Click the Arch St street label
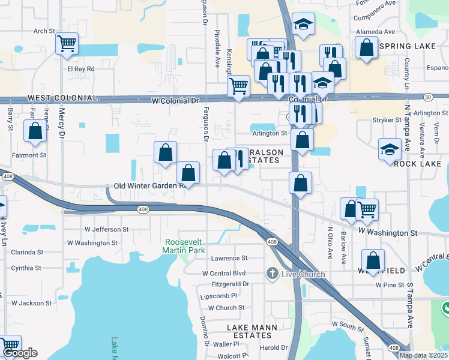(x=44, y=31)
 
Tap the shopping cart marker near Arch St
(x=67, y=43)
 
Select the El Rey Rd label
(x=81, y=69)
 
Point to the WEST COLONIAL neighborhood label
(x=62, y=98)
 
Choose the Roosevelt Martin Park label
(x=184, y=246)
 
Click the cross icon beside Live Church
(x=272, y=274)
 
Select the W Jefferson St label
(x=106, y=229)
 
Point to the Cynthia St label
(x=26, y=268)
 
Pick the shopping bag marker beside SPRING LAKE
(x=366, y=47)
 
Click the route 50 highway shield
(x=427, y=96)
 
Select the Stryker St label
(x=387, y=121)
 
